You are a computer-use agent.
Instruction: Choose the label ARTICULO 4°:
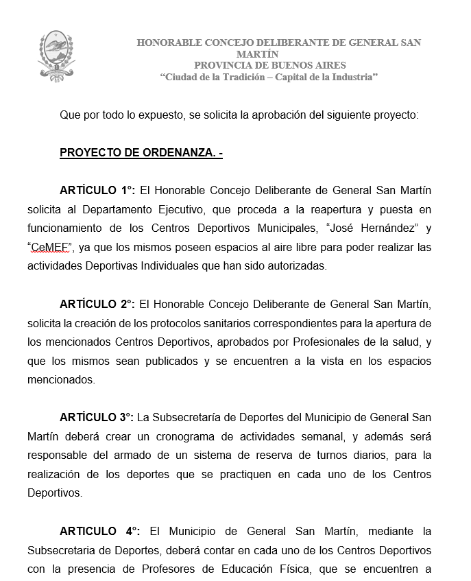click(x=100, y=530)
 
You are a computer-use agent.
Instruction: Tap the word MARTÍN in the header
click(x=257, y=54)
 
